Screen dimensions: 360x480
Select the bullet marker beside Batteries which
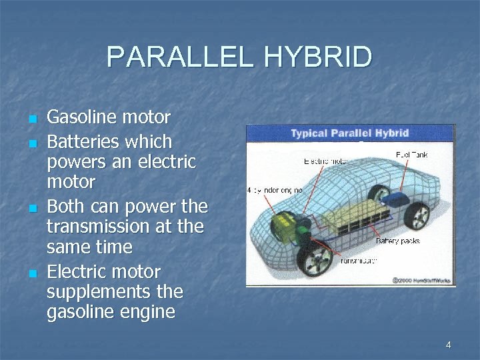click(31, 143)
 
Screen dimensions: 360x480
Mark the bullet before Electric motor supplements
click(31, 273)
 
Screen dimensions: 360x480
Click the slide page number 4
click(448, 345)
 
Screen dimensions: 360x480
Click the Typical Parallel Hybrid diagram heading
click(350, 133)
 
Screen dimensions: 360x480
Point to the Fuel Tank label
click(412, 154)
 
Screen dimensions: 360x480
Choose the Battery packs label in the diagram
click(398, 241)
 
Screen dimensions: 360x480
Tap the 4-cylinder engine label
click(275, 190)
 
